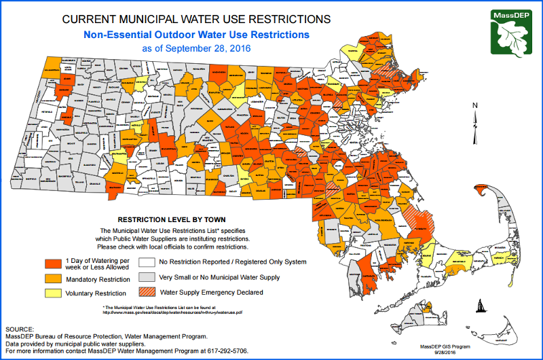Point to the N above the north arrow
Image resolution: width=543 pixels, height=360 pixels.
(x=476, y=105)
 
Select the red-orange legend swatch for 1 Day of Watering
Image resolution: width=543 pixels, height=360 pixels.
(x=54, y=264)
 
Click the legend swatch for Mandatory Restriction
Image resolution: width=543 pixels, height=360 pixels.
(x=54, y=278)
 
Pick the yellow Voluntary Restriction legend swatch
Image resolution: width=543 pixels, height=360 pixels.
(x=54, y=293)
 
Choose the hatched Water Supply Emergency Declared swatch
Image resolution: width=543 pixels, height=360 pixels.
(x=147, y=293)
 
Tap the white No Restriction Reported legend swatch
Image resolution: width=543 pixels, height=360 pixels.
(x=147, y=262)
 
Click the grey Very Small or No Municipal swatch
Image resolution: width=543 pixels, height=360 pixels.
(x=147, y=277)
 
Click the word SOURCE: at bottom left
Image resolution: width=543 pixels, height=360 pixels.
(x=21, y=328)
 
